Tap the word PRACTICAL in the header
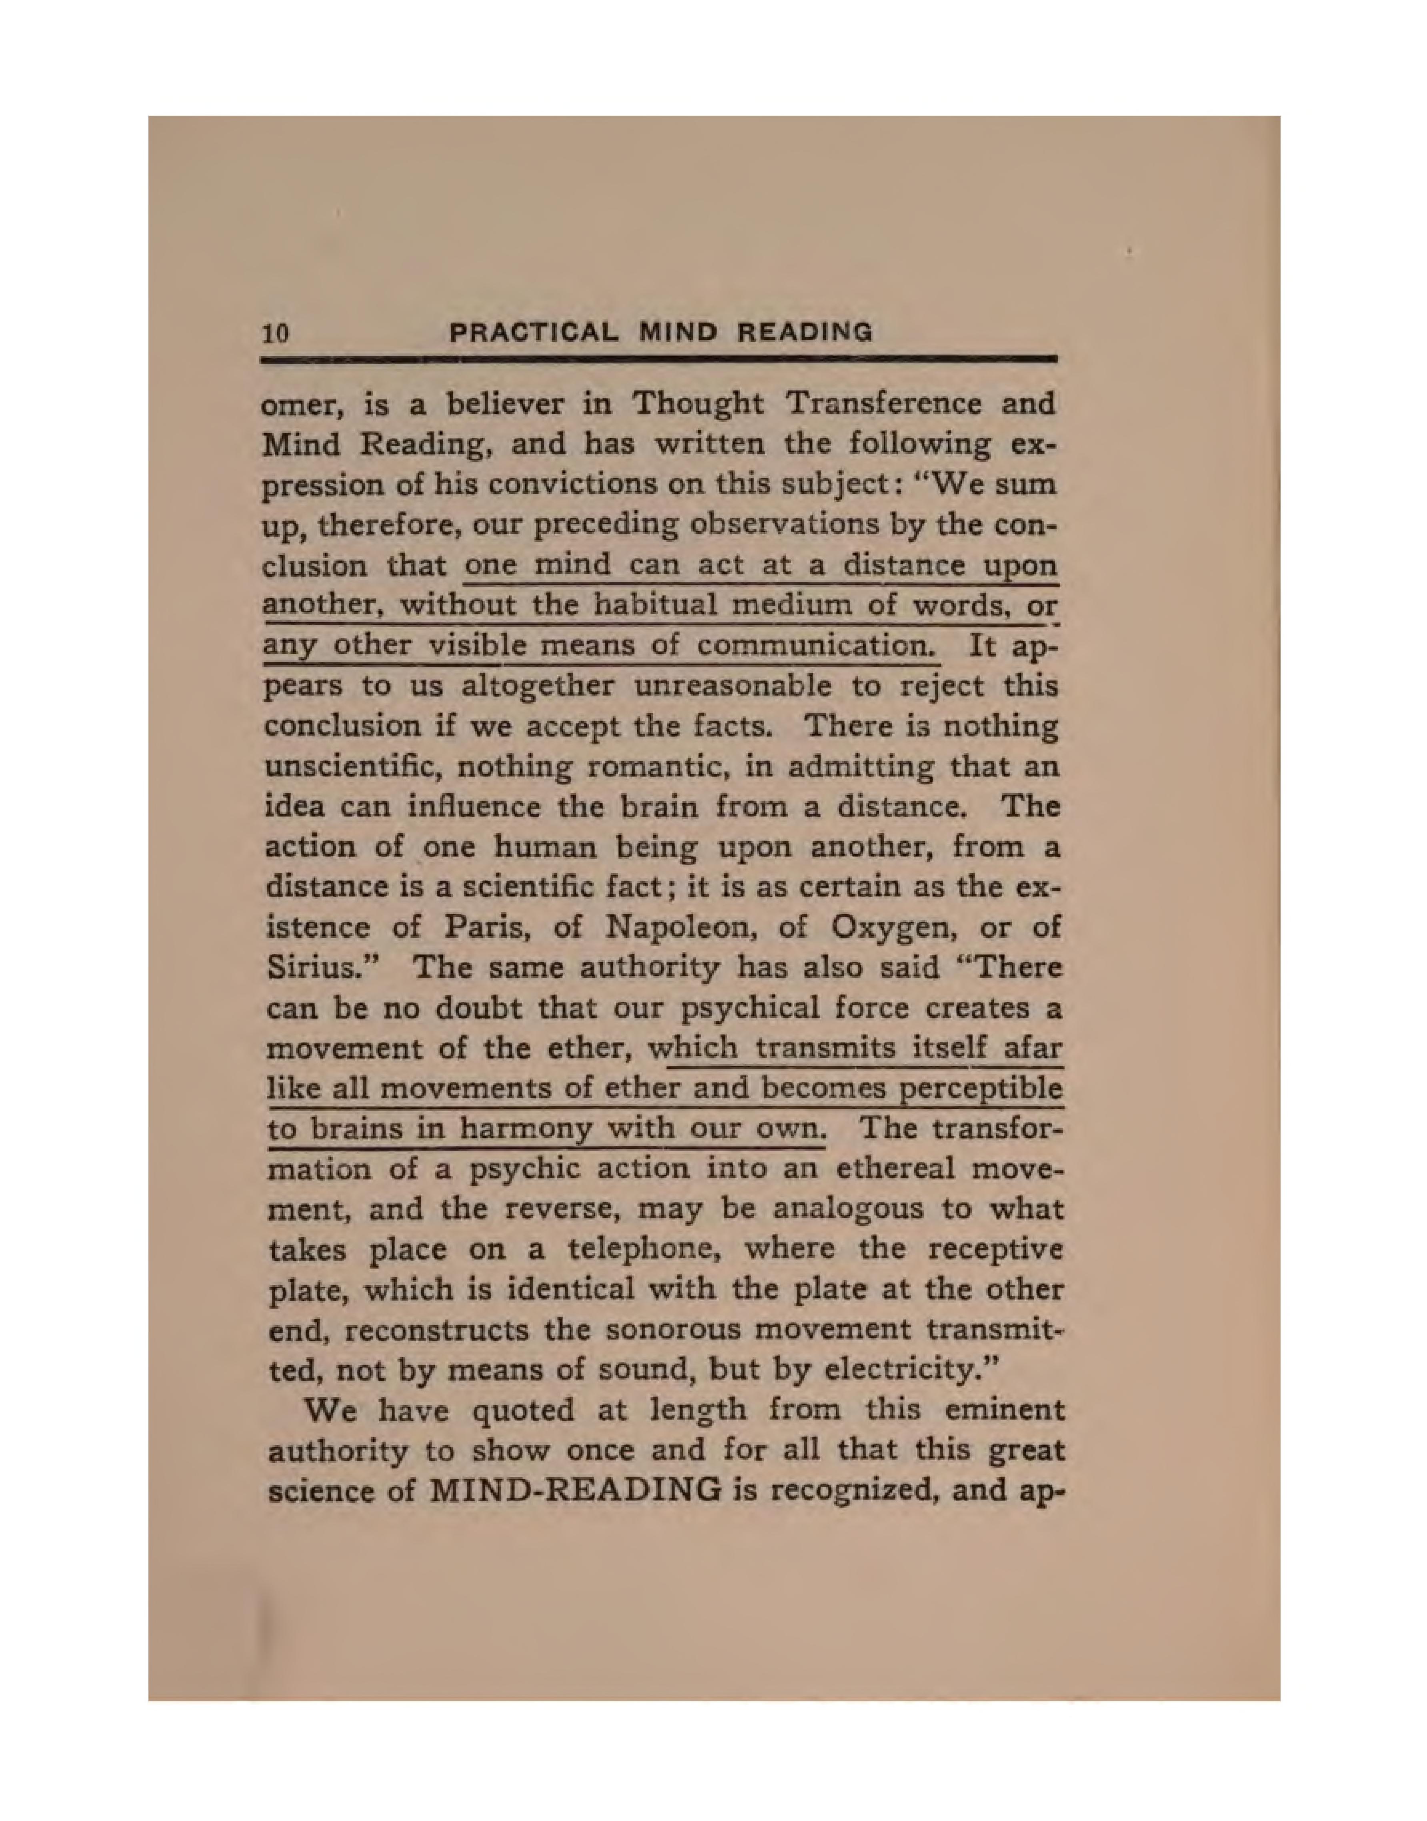coord(535,333)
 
